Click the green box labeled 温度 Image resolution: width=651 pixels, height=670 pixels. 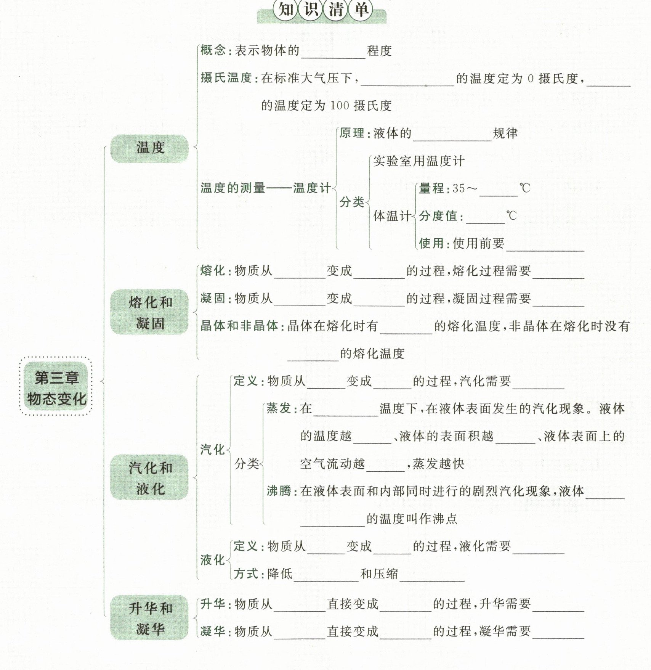coord(149,148)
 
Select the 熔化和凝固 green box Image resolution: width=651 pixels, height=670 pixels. coord(149,312)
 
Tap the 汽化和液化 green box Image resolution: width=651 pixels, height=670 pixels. coord(149,477)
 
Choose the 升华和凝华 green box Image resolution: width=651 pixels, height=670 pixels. coord(149,617)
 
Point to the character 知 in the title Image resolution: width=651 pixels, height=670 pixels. coord(285,10)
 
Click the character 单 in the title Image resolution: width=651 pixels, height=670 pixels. coord(360,10)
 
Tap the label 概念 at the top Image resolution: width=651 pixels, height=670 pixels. coord(213,50)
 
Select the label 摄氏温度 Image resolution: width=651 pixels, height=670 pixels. coord(226,78)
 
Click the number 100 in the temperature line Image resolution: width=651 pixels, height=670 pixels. coord(339,106)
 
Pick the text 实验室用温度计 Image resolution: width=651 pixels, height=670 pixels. coord(418,161)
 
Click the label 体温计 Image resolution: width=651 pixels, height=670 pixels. coord(391,216)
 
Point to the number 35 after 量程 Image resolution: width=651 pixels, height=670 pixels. coord(459,188)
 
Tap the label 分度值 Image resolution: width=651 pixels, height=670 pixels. coord(438,216)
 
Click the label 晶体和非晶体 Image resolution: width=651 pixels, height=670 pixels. coord(239,326)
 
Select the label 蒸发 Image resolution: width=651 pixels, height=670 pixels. coord(279,408)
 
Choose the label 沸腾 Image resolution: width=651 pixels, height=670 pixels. coord(279,491)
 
